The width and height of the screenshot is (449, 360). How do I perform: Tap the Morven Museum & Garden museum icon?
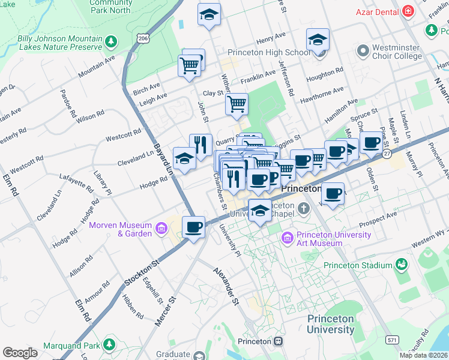pyautogui.click(x=161, y=229)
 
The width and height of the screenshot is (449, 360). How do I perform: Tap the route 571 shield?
pyautogui.click(x=391, y=339)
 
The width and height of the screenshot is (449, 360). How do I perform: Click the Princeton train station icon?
pyautogui.click(x=279, y=341)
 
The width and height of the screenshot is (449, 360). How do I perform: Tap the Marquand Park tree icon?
pyautogui.click(x=109, y=344)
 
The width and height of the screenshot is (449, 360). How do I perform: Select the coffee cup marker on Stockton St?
pyautogui.click(x=193, y=227)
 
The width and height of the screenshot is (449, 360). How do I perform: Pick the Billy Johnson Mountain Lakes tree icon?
pyautogui.click(x=110, y=41)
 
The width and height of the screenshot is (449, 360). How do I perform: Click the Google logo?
pyautogui.click(x=20, y=353)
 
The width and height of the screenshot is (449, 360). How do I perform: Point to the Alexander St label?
pyautogui.click(x=227, y=286)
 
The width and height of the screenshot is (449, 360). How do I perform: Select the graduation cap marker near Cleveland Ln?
pyautogui.click(x=184, y=158)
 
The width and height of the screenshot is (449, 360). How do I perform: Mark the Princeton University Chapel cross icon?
pyautogui.click(x=304, y=209)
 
